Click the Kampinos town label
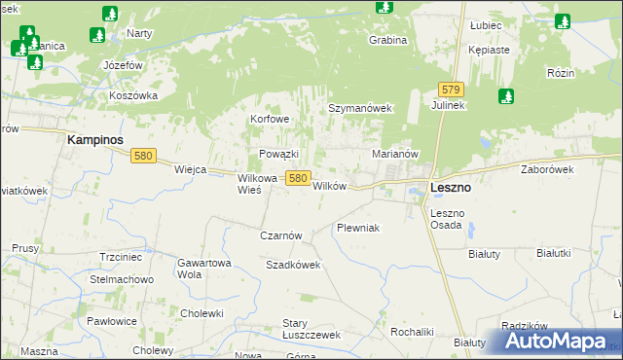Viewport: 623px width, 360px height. [94, 140]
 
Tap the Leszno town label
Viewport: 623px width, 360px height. [450, 188]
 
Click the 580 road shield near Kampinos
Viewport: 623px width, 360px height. [144, 156]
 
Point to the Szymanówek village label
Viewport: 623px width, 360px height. [358, 108]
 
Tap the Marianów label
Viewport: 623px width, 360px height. [395, 154]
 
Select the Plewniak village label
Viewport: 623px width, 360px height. [357, 228]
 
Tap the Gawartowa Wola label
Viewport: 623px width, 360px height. [203, 268]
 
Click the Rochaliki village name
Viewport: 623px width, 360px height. [411, 332]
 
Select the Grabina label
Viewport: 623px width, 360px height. [386, 41]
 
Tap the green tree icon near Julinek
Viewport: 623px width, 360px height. [505, 96]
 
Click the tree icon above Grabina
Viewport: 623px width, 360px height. [385, 6]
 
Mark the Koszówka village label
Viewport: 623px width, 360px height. [133, 95]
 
